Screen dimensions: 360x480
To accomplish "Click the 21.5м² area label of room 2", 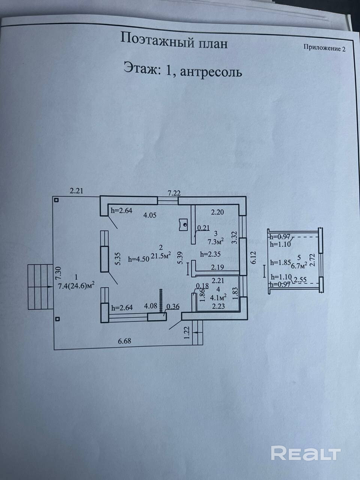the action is (160, 255).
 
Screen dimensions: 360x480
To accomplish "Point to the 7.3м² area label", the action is (216, 241).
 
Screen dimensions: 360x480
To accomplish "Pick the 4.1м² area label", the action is (218, 297).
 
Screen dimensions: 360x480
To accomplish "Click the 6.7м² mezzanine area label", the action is (299, 265).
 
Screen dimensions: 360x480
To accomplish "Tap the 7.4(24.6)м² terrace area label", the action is (76, 286).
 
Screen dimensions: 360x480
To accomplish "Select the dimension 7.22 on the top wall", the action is (174, 193).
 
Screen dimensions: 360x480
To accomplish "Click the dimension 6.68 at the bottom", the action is (124, 341).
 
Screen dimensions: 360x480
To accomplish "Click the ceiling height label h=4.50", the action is (139, 259).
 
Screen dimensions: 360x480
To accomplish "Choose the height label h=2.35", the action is (210, 254).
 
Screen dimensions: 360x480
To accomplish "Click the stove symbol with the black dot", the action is (183, 225).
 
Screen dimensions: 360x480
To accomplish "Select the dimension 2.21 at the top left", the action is (76, 191).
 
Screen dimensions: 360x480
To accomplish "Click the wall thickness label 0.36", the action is (173, 307).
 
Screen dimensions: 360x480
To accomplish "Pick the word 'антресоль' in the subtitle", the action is (211, 72).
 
